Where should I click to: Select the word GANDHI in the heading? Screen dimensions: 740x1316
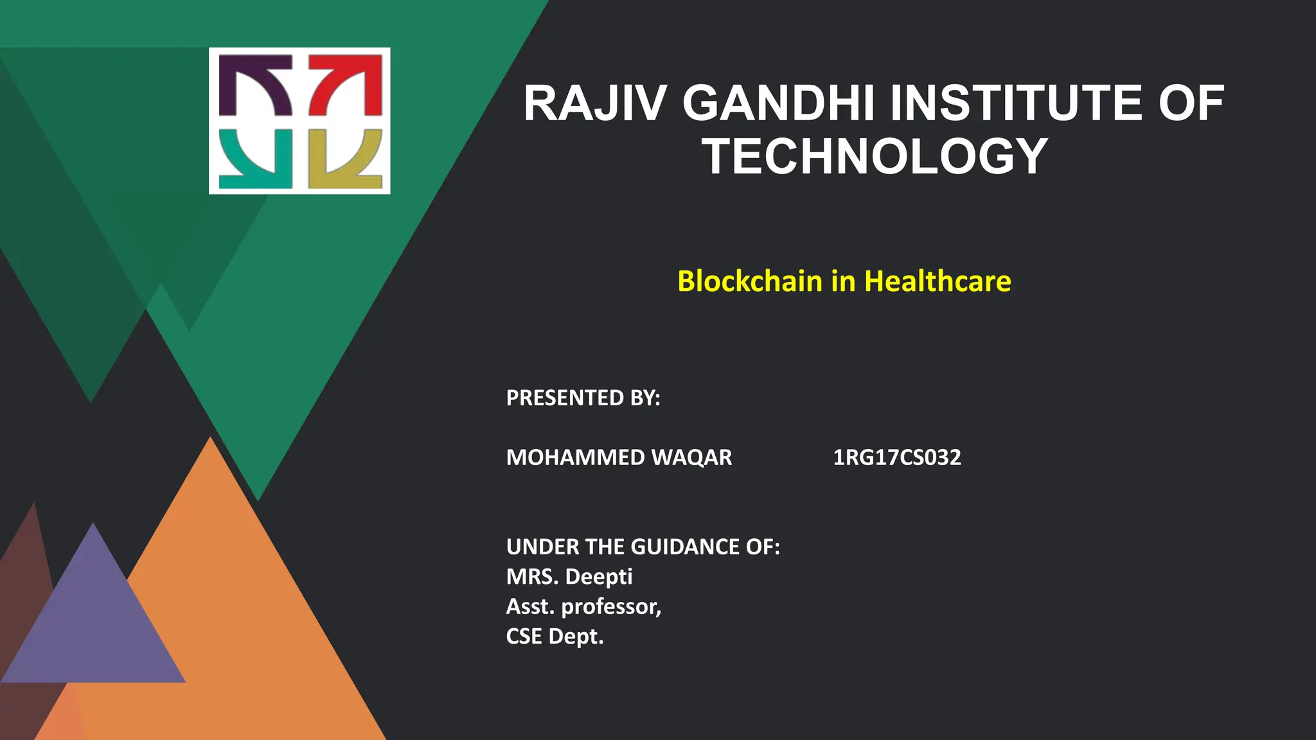tap(778, 104)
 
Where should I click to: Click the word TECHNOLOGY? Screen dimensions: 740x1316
tap(875, 157)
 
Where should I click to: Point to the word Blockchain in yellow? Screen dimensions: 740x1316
tap(750, 281)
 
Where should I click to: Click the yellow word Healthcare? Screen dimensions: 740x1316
tap(938, 281)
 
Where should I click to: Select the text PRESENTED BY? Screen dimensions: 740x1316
tap(583, 398)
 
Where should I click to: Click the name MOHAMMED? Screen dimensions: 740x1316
tap(575, 457)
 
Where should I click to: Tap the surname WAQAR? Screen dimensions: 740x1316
tap(691, 457)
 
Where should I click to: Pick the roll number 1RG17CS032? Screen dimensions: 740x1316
tap(897, 457)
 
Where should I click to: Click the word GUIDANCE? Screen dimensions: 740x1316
tap(686, 547)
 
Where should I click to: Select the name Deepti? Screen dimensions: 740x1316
tap(599, 577)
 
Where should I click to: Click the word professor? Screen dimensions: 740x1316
tap(610, 606)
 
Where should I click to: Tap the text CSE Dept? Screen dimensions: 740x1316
tap(555, 637)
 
